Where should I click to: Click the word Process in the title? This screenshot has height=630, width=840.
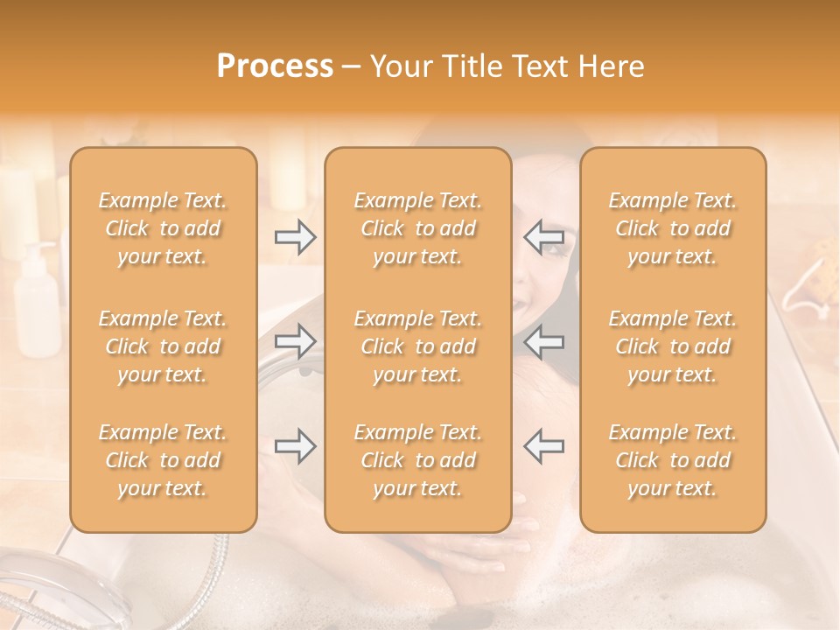[275, 66]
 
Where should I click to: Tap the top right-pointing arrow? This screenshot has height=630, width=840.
[296, 237]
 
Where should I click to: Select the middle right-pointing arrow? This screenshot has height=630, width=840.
[296, 341]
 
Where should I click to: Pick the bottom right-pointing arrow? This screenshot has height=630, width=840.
[296, 446]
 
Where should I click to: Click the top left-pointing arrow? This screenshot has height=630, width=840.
[544, 237]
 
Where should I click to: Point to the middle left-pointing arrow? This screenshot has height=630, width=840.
[544, 341]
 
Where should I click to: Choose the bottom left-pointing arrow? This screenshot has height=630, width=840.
[544, 446]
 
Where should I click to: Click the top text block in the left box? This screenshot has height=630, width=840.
[163, 228]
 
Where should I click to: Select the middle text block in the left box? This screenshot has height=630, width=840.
[163, 346]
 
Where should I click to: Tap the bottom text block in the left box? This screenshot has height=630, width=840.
[163, 460]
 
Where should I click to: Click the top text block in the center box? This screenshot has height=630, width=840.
[418, 228]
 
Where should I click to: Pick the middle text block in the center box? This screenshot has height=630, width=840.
[418, 346]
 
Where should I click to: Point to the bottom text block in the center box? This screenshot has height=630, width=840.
[418, 460]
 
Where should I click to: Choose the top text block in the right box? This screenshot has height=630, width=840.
[673, 228]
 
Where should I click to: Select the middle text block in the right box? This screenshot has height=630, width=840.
[673, 346]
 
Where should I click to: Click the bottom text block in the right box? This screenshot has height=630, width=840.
[673, 460]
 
